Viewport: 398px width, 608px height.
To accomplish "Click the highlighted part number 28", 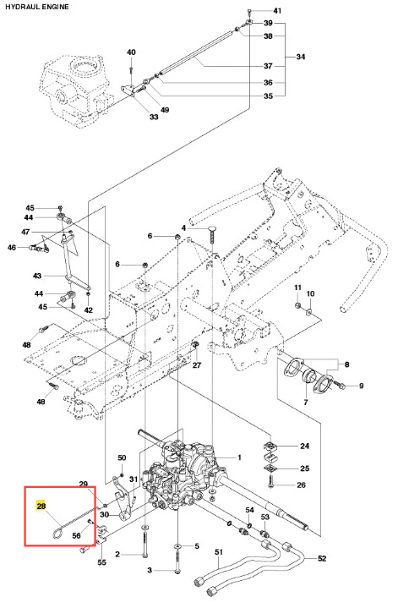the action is [41, 506].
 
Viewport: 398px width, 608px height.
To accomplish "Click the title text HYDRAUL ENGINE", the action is [37, 7].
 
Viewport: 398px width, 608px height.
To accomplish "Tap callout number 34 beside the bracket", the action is [300, 57].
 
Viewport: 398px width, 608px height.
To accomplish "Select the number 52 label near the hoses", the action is [322, 558].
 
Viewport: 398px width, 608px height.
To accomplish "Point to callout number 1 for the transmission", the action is [239, 457].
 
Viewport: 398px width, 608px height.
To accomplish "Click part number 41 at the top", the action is [277, 11].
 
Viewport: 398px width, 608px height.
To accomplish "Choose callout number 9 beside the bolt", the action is [361, 386].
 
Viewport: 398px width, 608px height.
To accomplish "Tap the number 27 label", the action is [197, 364].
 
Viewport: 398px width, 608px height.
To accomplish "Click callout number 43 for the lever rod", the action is [37, 276].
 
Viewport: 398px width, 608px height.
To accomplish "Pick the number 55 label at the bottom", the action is [101, 562].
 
